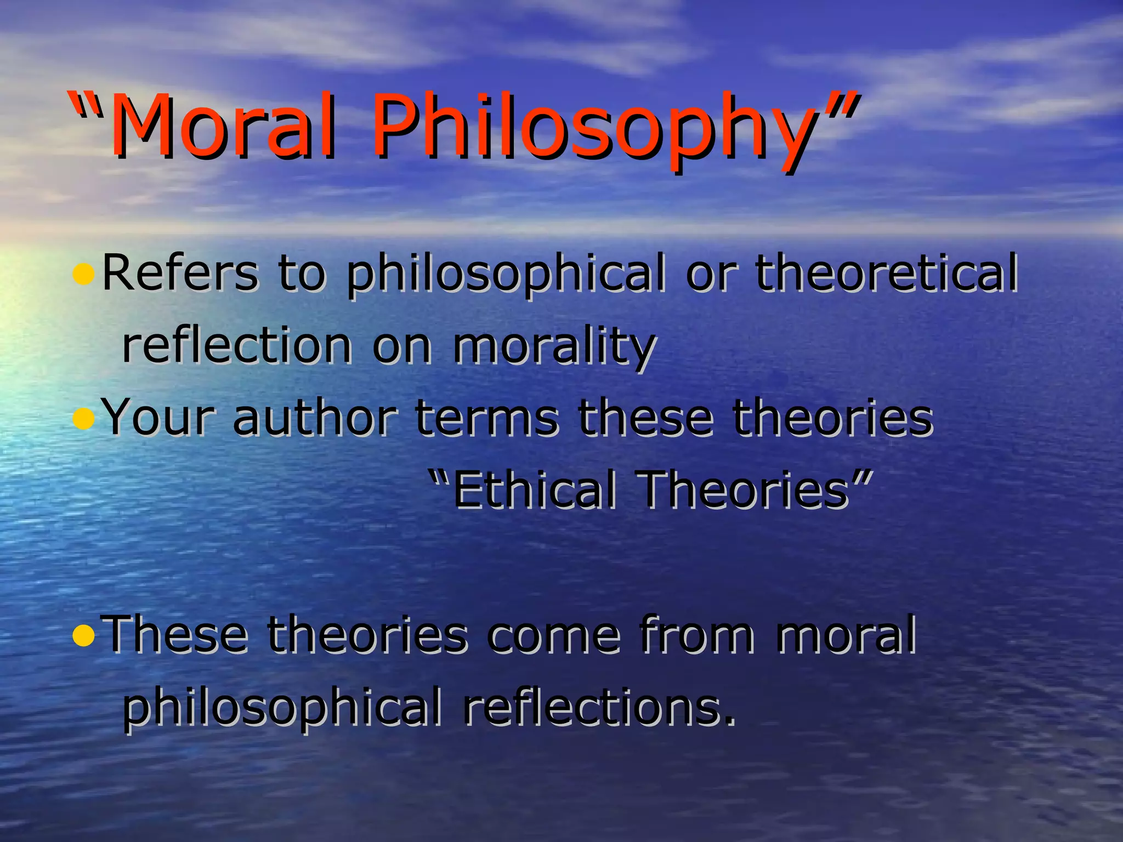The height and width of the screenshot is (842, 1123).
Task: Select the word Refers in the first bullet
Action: tap(180, 272)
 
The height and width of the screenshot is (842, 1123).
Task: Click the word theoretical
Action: tap(886, 272)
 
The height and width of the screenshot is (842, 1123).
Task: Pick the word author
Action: tap(315, 418)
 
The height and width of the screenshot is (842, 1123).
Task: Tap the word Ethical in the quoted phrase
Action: tap(535, 490)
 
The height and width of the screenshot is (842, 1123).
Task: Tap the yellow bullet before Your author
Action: tap(83, 419)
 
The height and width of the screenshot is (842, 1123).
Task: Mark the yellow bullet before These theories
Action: tap(83, 636)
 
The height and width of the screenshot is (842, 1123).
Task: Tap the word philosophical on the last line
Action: tap(282, 707)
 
